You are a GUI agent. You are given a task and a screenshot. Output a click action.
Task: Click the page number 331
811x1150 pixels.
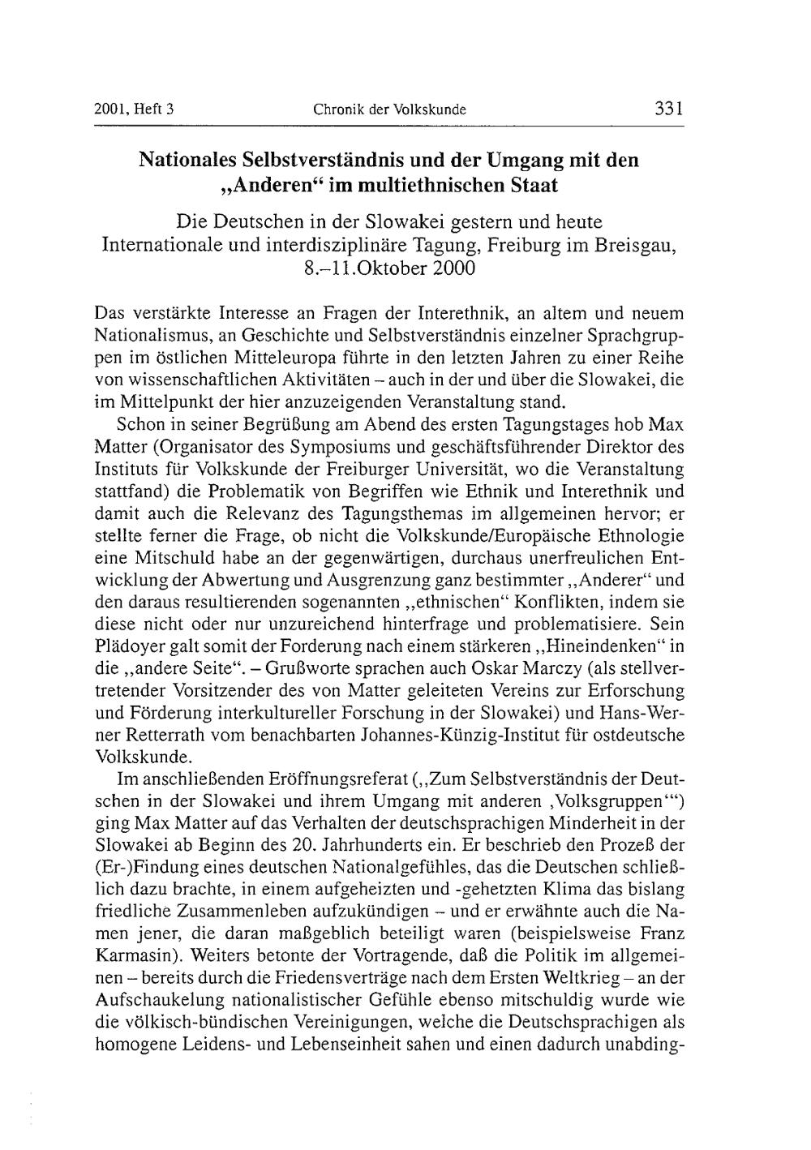[x=669, y=109]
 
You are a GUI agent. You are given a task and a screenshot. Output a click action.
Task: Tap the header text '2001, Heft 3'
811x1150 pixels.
[x=135, y=110]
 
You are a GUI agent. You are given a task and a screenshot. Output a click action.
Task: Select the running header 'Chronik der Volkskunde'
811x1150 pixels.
[x=389, y=110]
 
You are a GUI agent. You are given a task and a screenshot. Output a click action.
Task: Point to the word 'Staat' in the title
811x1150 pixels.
[x=533, y=185]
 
